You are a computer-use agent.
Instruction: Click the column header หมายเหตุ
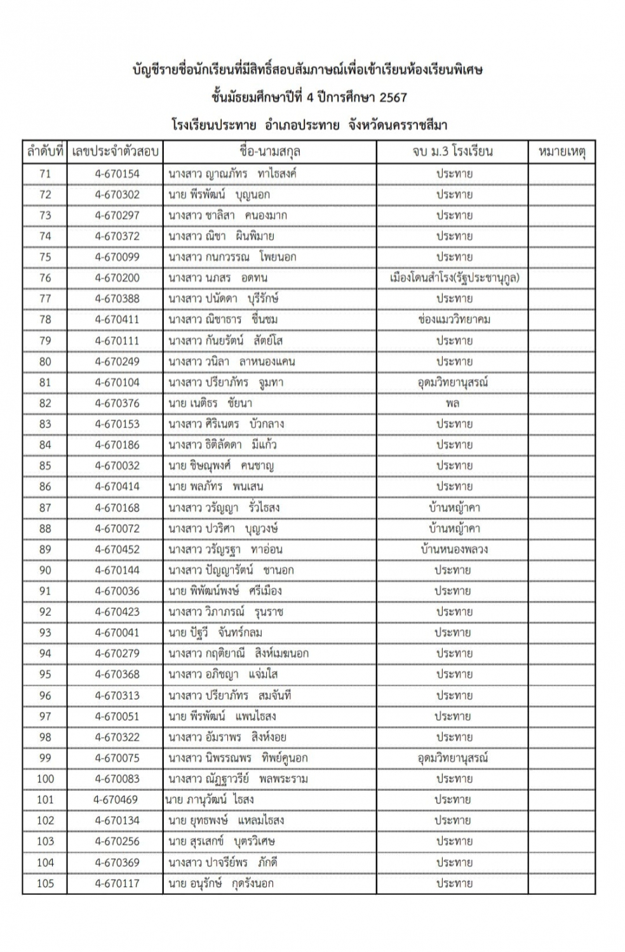point(561,152)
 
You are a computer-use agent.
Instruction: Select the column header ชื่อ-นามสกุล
point(270,152)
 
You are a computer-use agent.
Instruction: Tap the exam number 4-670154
point(117,174)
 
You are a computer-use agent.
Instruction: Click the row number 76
point(45,278)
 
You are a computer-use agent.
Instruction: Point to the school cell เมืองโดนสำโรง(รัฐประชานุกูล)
point(454,278)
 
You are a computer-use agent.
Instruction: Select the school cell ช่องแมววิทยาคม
point(454,320)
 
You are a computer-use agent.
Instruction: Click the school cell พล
point(453,403)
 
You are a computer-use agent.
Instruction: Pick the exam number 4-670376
point(117,403)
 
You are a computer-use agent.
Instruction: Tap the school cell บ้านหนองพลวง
point(454,550)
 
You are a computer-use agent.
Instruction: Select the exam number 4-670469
point(116,800)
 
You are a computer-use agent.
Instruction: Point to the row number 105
point(45,883)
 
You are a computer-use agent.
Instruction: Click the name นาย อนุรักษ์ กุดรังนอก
point(221,883)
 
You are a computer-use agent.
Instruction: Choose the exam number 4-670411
point(117,320)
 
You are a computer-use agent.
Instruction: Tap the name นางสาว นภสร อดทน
point(218,278)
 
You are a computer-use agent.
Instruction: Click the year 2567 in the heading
point(393,98)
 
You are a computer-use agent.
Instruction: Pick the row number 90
point(45,571)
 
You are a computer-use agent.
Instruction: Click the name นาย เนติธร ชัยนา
point(210,403)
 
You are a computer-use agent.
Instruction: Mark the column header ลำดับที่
point(45,152)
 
